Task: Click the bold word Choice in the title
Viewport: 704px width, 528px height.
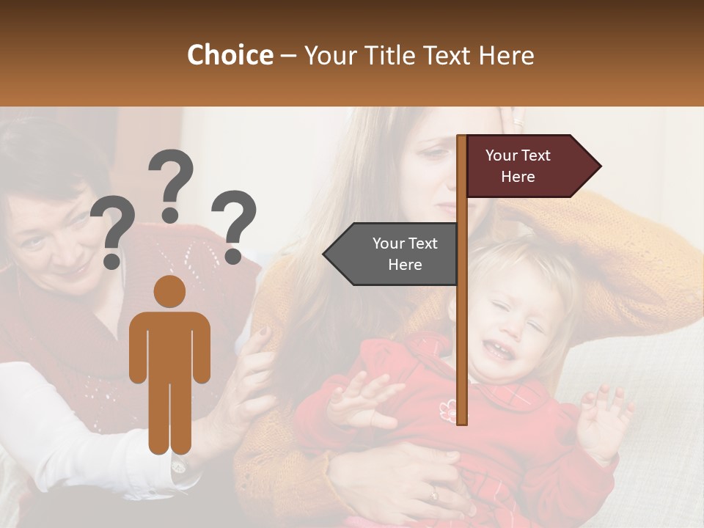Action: [x=230, y=56]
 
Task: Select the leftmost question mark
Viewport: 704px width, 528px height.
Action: [x=113, y=232]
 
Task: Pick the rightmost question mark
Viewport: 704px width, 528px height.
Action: [x=235, y=224]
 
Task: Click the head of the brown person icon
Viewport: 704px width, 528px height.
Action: [x=169, y=291]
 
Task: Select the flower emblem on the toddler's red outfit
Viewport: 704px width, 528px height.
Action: [x=447, y=411]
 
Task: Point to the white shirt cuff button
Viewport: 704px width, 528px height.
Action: [x=178, y=466]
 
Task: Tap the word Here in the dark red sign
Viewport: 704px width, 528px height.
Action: [x=518, y=177]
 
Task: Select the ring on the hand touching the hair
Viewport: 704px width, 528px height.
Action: [x=520, y=122]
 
